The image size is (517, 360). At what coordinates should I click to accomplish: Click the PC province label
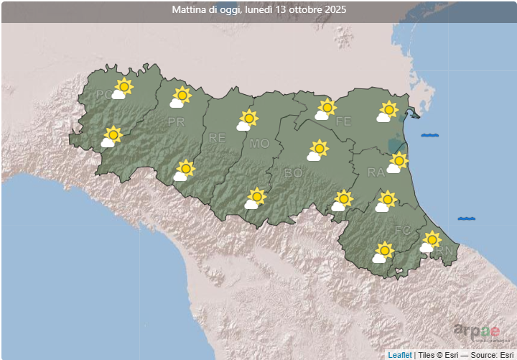tap(104, 94)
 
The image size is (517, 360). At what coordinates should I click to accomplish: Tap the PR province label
tap(176, 122)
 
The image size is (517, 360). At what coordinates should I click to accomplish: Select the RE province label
tap(217, 137)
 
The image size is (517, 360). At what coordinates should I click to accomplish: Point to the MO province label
tap(259, 144)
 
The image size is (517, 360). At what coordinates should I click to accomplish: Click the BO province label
tap(293, 172)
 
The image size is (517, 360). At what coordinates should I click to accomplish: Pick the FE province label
tap(343, 121)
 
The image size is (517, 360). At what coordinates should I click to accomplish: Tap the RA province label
tap(376, 172)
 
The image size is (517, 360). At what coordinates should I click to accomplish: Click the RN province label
tap(445, 249)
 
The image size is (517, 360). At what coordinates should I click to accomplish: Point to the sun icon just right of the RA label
tap(399, 161)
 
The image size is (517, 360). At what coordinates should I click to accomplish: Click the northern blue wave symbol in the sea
tap(430, 135)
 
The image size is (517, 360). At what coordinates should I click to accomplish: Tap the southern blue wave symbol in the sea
tap(467, 218)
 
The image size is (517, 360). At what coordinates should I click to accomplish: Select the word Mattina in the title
tap(189, 10)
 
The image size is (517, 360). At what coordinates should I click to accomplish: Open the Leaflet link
tap(400, 354)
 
